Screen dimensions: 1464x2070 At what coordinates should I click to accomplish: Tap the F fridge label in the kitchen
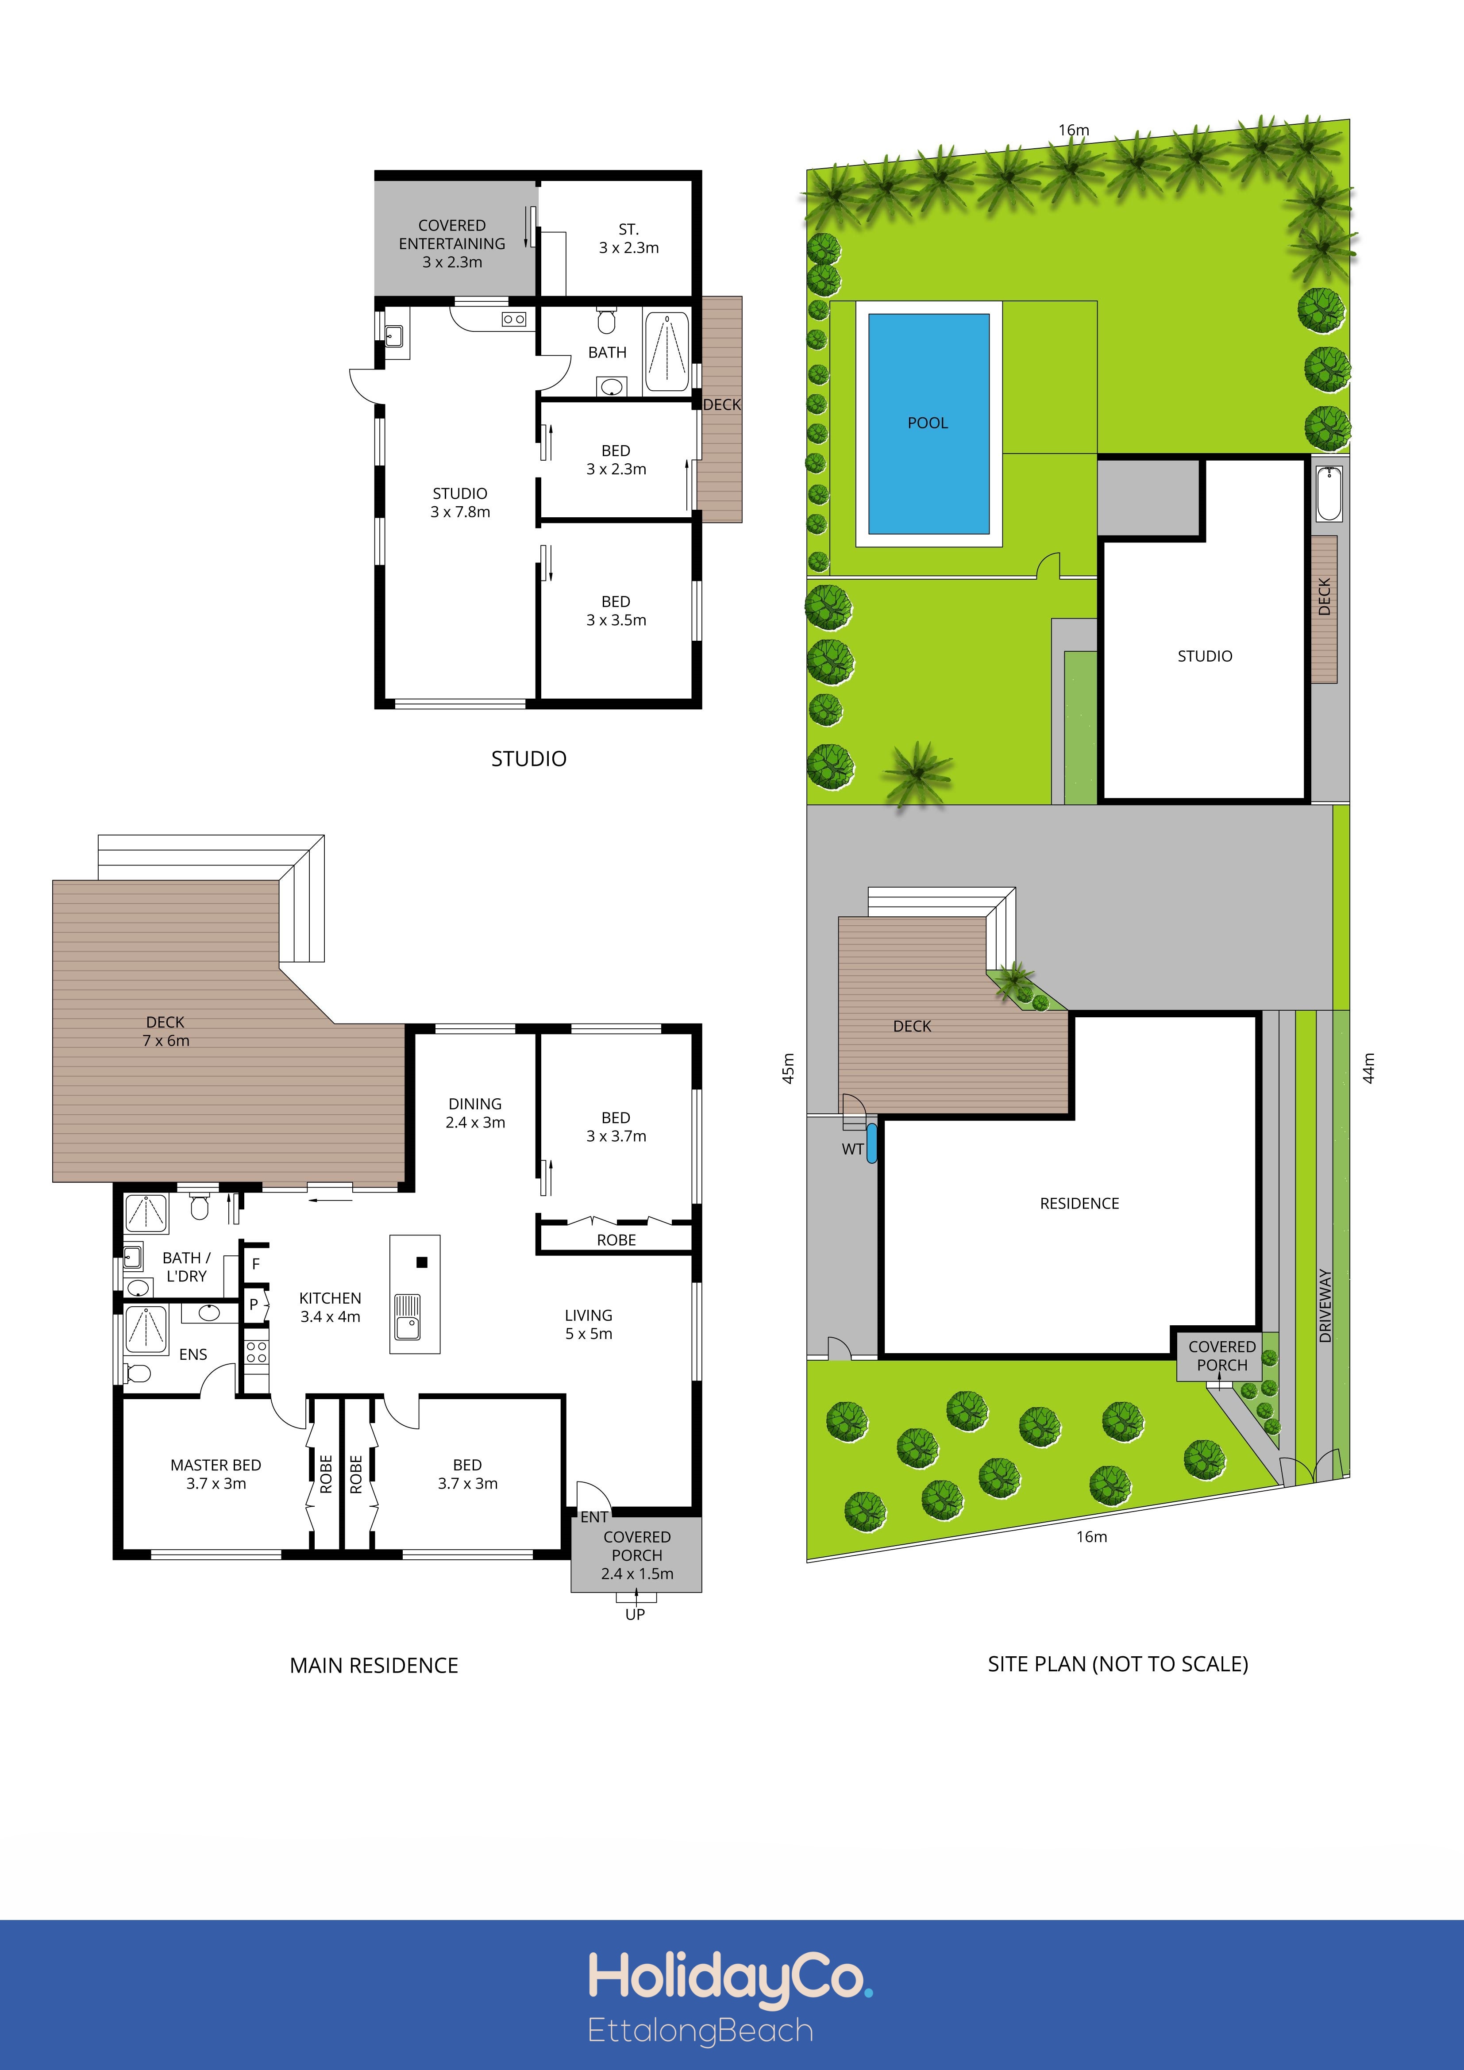click(256, 1264)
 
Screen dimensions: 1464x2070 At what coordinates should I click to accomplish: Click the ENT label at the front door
click(594, 1516)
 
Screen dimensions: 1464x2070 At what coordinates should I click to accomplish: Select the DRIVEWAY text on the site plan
click(1325, 1305)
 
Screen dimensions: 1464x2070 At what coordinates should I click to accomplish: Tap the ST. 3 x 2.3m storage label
click(629, 238)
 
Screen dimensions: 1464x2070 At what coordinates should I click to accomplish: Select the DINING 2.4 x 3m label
click(475, 1112)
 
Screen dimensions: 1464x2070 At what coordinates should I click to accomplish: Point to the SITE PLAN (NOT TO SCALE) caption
click(1118, 1664)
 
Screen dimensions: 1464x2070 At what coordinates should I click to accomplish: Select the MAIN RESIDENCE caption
click(374, 1665)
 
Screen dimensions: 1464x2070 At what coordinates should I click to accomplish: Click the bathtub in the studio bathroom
click(667, 352)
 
